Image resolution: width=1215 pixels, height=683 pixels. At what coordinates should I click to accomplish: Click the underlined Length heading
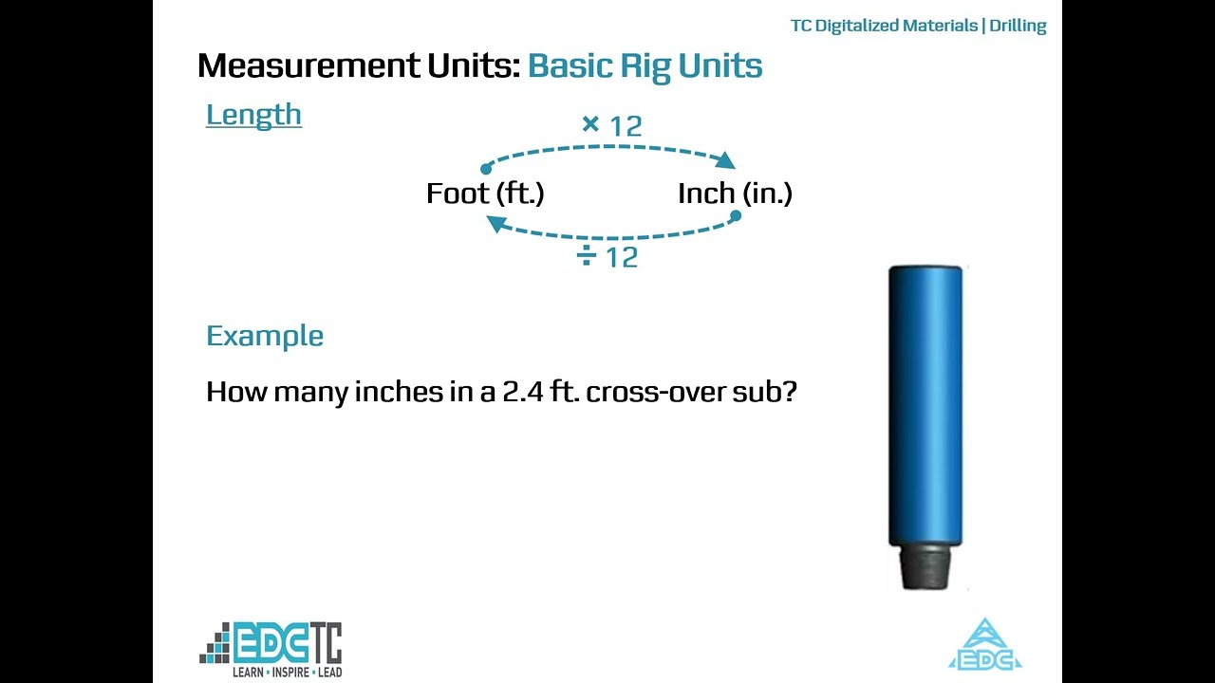253,115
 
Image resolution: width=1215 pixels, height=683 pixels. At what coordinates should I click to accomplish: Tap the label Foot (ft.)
485,194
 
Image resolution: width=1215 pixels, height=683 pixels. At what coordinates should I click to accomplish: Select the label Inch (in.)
735,194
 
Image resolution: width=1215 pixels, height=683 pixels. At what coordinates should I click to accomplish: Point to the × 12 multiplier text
612,125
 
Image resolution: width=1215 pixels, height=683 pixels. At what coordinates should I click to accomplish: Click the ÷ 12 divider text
608,256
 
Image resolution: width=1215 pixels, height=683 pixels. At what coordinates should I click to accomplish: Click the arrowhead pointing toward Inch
728,160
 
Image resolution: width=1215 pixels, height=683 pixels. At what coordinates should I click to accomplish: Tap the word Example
265,336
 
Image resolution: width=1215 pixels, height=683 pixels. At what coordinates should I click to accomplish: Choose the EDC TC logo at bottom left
271,644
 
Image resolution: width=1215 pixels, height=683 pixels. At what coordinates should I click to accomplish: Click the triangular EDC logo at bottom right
985,646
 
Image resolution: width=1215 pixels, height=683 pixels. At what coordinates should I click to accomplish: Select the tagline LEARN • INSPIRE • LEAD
288,672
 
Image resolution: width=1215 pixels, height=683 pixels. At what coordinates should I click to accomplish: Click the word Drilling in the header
1018,26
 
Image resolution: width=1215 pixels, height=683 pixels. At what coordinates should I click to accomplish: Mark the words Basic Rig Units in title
645,66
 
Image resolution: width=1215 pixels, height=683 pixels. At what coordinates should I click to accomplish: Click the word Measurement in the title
308,66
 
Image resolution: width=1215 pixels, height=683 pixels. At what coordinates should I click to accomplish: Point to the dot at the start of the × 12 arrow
486,169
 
